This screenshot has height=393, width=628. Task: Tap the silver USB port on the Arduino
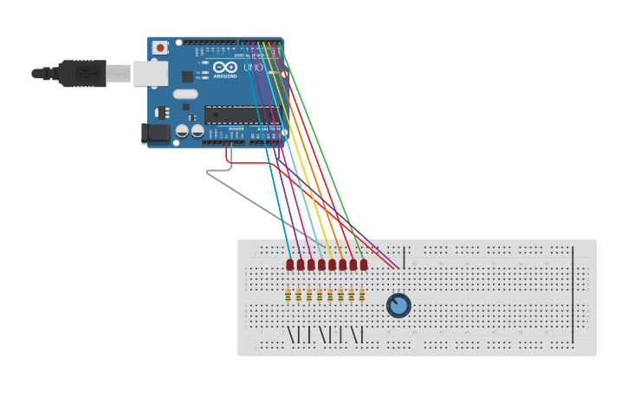[x=150, y=73]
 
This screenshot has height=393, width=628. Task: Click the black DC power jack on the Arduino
[x=154, y=133]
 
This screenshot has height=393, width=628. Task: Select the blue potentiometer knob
[x=398, y=305]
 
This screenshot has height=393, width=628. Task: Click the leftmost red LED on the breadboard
[x=290, y=265]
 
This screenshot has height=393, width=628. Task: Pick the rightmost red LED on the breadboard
[x=364, y=265]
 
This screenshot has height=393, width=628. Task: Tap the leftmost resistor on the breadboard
[x=288, y=295]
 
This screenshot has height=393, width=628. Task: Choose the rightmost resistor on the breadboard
[x=361, y=295]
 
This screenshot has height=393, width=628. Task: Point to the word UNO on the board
[x=253, y=68]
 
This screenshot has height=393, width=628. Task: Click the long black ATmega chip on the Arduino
[x=241, y=115]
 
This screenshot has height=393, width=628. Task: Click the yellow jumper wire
[x=299, y=156]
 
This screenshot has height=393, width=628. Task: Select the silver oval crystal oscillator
[x=185, y=94]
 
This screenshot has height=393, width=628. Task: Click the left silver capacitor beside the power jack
[x=182, y=131]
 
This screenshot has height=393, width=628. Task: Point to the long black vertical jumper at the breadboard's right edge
[x=572, y=295]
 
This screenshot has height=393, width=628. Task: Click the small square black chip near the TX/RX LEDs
[x=187, y=76]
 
